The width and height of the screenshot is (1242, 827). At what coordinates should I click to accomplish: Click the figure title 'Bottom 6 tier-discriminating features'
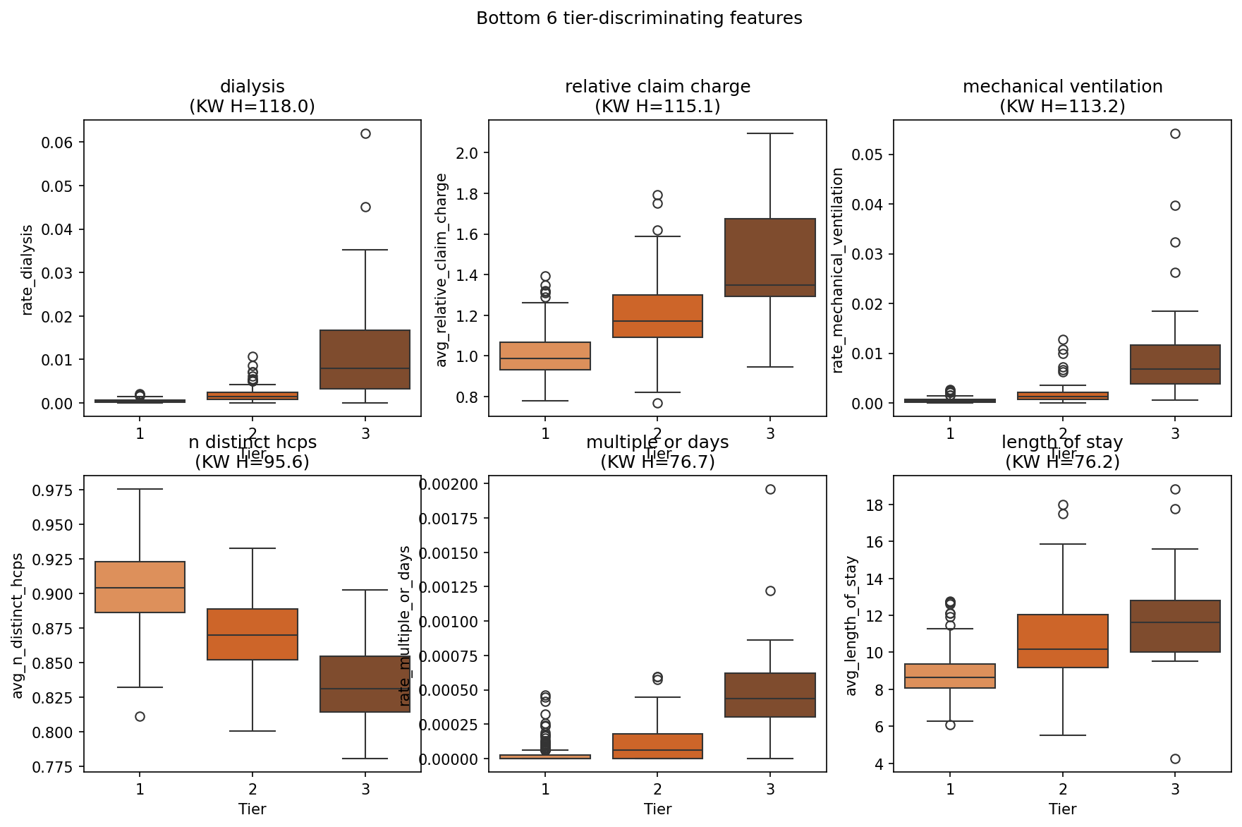pyautogui.click(x=639, y=18)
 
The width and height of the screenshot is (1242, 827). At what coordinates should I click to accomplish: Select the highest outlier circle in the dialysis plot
pyautogui.click(x=365, y=133)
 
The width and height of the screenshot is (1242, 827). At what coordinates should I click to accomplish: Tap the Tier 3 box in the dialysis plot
pyautogui.click(x=365, y=359)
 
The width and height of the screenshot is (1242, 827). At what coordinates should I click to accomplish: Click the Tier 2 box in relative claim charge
pyautogui.click(x=657, y=316)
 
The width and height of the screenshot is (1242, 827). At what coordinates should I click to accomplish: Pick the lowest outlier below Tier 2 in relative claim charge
pyautogui.click(x=657, y=403)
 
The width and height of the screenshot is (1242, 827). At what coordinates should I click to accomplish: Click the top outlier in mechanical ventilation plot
pyautogui.click(x=1175, y=133)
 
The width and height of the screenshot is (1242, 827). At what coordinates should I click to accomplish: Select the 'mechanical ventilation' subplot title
pyautogui.click(x=1062, y=87)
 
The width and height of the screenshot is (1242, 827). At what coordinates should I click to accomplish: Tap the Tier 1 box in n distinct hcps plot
pyautogui.click(x=140, y=587)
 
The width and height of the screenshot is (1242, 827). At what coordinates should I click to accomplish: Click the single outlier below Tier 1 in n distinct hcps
pyautogui.click(x=140, y=716)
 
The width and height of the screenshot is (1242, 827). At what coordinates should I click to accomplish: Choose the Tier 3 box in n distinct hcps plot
pyautogui.click(x=365, y=684)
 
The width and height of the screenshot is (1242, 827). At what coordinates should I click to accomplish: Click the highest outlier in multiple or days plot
pyautogui.click(x=770, y=489)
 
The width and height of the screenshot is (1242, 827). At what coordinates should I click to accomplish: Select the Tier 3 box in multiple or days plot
pyautogui.click(x=770, y=695)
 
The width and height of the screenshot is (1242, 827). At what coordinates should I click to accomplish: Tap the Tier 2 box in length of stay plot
pyautogui.click(x=1062, y=641)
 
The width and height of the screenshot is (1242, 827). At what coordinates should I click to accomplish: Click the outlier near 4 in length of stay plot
pyautogui.click(x=1175, y=759)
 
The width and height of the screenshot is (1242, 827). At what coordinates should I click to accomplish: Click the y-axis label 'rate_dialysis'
pyautogui.click(x=28, y=270)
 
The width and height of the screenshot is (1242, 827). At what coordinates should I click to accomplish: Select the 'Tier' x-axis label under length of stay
pyautogui.click(x=1062, y=809)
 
